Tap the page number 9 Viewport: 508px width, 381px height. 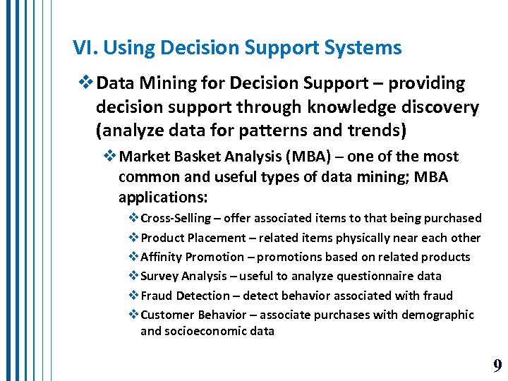pos(497,365)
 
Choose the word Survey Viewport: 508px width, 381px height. pos(160,276)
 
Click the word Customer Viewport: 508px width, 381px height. pos(167,315)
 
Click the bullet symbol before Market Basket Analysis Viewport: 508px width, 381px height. pos(109,157)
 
